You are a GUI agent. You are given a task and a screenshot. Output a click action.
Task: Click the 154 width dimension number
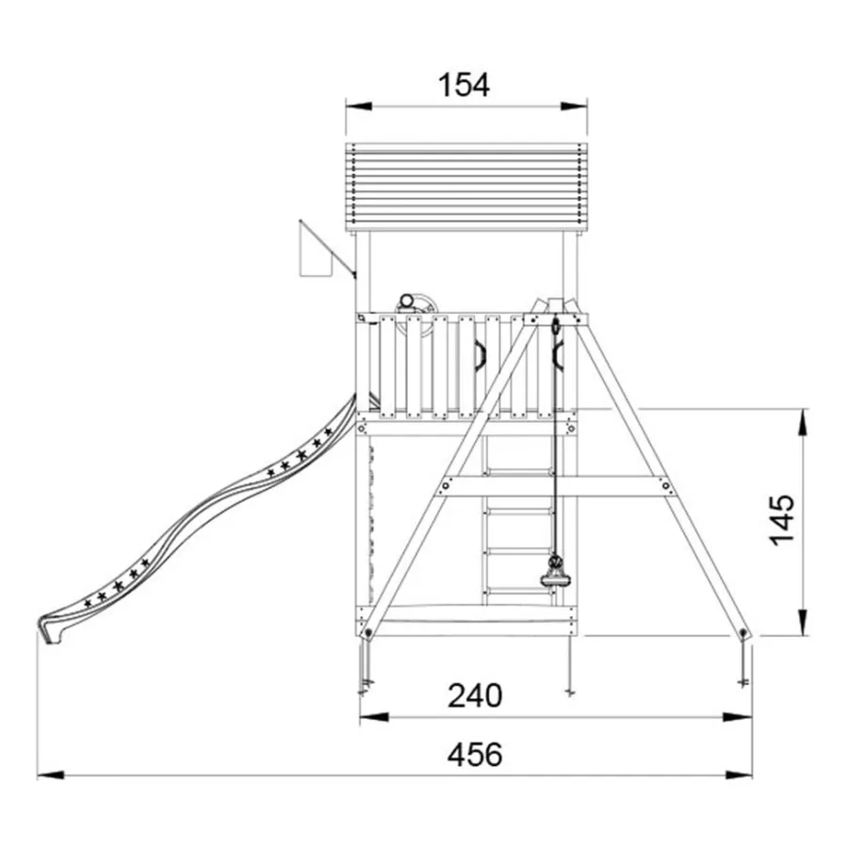(x=464, y=85)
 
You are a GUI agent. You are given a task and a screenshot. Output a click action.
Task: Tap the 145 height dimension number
(x=782, y=520)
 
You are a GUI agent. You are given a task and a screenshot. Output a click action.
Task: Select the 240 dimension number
(x=475, y=695)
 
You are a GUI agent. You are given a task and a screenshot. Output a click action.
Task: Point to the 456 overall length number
(x=475, y=755)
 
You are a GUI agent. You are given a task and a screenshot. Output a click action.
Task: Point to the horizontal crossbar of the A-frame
(x=555, y=485)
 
